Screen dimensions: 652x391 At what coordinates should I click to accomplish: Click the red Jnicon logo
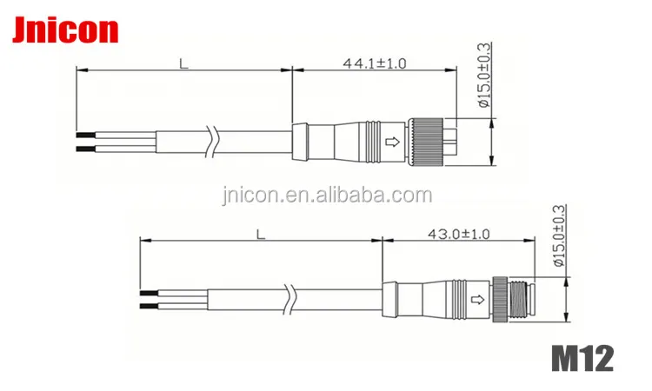pos(65,30)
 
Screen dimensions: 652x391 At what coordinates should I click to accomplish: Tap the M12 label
pos(582,359)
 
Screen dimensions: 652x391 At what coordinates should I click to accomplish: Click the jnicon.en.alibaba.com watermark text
pos(327,195)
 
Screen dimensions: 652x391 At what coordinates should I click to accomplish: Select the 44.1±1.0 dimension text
pos(374,63)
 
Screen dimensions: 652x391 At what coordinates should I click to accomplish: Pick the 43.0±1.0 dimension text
pos(459,234)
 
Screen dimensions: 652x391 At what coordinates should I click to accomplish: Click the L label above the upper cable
pos(183,63)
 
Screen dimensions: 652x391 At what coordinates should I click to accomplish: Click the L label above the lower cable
pos(260,235)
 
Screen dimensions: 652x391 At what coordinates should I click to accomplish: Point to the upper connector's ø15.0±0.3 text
pos(484,76)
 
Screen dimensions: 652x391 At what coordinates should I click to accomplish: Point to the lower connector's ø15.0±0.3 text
pos(559,235)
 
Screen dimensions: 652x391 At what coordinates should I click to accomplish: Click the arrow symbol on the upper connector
pos(393,142)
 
